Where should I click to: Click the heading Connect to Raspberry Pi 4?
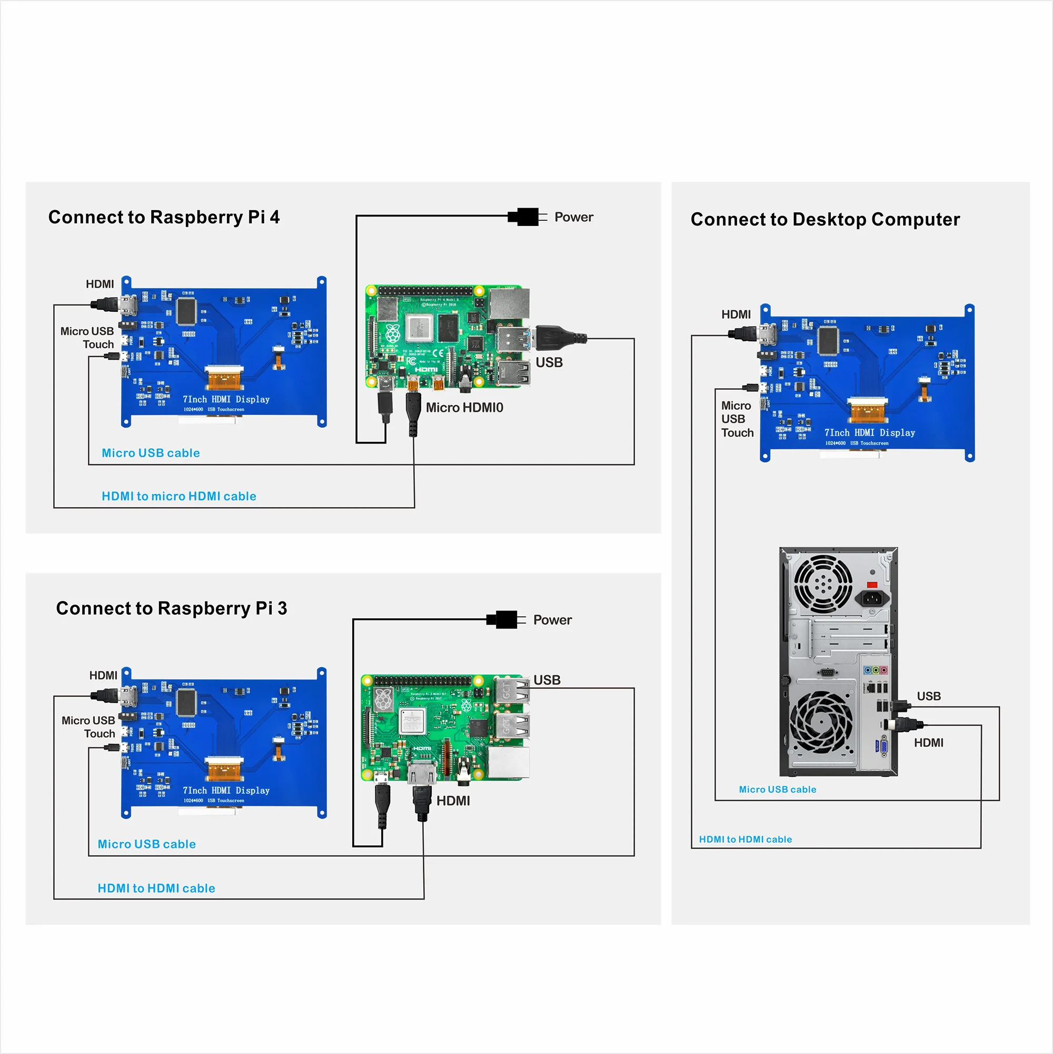[164, 217]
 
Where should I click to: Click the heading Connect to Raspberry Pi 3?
[171, 608]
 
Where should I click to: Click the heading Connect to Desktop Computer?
[824, 219]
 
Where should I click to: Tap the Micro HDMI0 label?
[464, 408]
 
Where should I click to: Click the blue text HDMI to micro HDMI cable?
[179, 496]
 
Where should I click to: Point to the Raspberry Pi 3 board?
[444, 727]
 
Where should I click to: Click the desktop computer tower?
[838, 662]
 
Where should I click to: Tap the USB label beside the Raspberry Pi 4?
[549, 362]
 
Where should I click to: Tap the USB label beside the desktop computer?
[928, 696]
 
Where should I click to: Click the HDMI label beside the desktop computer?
[928, 743]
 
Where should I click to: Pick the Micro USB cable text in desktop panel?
[777, 790]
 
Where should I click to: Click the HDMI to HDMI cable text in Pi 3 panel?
[156, 888]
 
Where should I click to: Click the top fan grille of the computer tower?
[822, 584]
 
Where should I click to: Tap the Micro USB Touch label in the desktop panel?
[737, 419]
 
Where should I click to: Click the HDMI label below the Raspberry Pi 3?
[453, 801]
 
